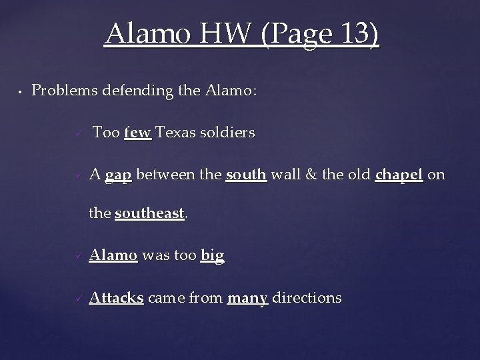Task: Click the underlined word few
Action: pos(138,133)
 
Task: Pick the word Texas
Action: pos(176,133)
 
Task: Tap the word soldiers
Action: pos(228,133)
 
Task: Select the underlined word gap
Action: pos(119,175)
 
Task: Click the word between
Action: pos(167,175)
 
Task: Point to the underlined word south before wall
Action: pos(246,175)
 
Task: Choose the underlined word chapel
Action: pos(399,175)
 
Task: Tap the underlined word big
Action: pos(212,255)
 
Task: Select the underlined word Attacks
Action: pos(117,297)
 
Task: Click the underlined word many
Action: pos(247,297)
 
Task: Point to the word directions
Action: pos(306,297)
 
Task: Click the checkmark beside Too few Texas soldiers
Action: pos(78,134)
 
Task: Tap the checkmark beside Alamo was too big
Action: pos(78,256)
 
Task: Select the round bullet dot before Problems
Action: pos(21,91)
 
